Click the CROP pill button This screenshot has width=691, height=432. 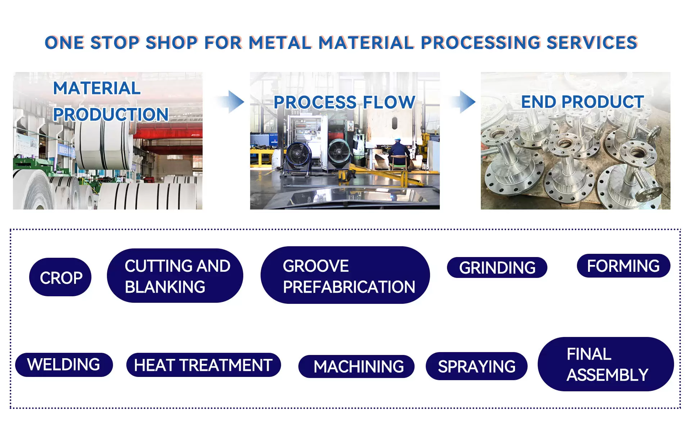click(x=60, y=277)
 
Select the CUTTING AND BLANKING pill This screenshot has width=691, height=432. click(x=175, y=276)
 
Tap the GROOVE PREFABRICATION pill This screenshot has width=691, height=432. click(x=345, y=275)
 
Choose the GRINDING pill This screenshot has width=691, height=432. click(x=497, y=267)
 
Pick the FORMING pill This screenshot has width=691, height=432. click(x=623, y=266)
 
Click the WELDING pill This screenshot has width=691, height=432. click(x=64, y=365)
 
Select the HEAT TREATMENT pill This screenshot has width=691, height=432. click(x=203, y=365)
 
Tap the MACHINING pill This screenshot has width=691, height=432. click(x=356, y=366)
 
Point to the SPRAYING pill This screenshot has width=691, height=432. click(x=477, y=366)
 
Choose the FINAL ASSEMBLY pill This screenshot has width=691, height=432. click(x=606, y=364)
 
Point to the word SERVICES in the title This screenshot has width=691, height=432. click(x=592, y=42)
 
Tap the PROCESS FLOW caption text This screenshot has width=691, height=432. click(x=344, y=102)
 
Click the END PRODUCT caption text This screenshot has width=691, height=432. click(x=582, y=102)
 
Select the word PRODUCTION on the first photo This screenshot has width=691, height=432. click(x=111, y=114)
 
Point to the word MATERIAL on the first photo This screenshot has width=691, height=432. click(x=97, y=88)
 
